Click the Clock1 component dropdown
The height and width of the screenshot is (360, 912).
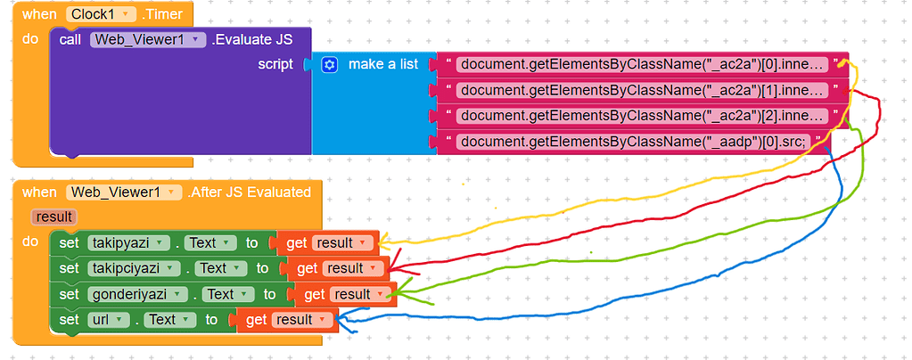101,14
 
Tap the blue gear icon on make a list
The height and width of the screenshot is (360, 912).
330,64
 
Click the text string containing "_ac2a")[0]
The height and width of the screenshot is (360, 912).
642,64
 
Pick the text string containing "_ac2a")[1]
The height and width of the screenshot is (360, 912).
642,90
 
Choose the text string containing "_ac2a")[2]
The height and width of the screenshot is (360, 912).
642,116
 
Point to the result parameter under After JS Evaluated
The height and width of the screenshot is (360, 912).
53,217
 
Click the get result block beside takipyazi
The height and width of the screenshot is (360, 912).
328,242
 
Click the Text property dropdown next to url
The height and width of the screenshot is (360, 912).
167,319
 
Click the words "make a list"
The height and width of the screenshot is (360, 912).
383,64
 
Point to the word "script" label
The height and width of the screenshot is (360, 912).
275,64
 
